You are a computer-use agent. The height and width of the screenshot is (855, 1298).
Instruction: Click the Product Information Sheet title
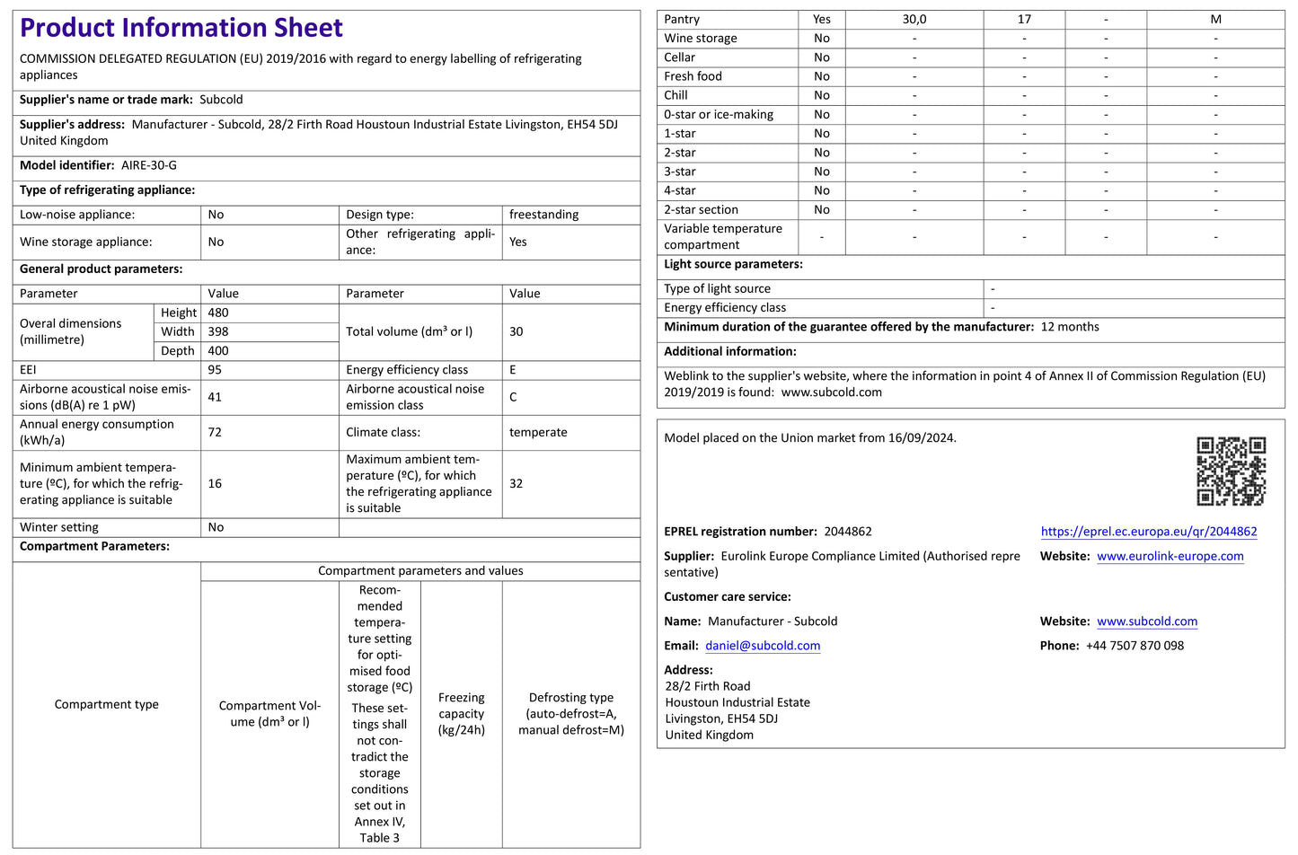coord(181,28)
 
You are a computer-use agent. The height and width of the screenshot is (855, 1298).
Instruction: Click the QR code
coord(1231,472)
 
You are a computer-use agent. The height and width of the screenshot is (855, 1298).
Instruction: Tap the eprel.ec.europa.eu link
coord(1149,532)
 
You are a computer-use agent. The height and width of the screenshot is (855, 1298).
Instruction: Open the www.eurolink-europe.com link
coord(1170,556)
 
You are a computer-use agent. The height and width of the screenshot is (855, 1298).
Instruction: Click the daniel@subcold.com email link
coord(763,646)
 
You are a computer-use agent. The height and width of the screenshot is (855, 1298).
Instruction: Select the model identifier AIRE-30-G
coord(149,165)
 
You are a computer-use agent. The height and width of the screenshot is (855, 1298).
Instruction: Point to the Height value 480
coord(218,313)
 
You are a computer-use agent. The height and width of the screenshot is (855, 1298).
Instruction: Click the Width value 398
coord(218,331)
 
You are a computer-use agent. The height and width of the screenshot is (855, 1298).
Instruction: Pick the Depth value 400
coord(218,351)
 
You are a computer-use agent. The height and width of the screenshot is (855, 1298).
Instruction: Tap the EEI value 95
coord(215,370)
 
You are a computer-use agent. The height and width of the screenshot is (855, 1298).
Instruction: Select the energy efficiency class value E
coord(513,370)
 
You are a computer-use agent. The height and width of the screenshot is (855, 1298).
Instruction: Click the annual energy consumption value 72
coord(215,432)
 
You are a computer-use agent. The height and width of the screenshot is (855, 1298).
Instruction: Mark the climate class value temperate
coord(538,432)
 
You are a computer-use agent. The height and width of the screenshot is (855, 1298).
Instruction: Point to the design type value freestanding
coord(543,215)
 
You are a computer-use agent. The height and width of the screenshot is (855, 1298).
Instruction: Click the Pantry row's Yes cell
coord(822,19)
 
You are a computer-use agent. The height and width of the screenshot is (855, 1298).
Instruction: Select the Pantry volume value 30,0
coord(914,19)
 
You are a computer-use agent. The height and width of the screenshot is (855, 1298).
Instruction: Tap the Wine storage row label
coord(701,39)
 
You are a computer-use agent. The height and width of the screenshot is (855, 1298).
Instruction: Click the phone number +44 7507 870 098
coord(1135,646)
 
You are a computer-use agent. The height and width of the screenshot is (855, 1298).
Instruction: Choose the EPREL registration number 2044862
coord(848,532)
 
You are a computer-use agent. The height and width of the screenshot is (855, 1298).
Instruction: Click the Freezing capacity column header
coord(462,714)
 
